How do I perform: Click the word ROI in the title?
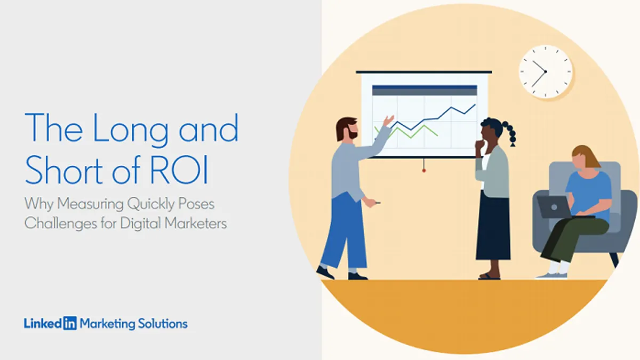[x=179, y=170]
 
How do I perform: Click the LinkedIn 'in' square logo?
[x=70, y=323]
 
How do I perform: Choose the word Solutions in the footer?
[x=163, y=324]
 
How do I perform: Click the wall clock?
[x=546, y=71]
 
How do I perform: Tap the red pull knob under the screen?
[x=423, y=171]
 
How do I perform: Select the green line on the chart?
[x=406, y=132]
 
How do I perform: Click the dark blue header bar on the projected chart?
[x=425, y=87]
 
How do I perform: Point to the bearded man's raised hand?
[x=389, y=121]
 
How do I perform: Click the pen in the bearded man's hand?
[x=378, y=203]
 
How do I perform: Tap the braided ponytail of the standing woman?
[x=510, y=134]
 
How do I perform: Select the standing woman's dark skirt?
[x=493, y=226]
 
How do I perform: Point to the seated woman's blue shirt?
[x=589, y=194]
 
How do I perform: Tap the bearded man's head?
[x=347, y=129]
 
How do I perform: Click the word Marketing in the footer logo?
[x=107, y=324]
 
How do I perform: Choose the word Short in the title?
[x=64, y=170]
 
